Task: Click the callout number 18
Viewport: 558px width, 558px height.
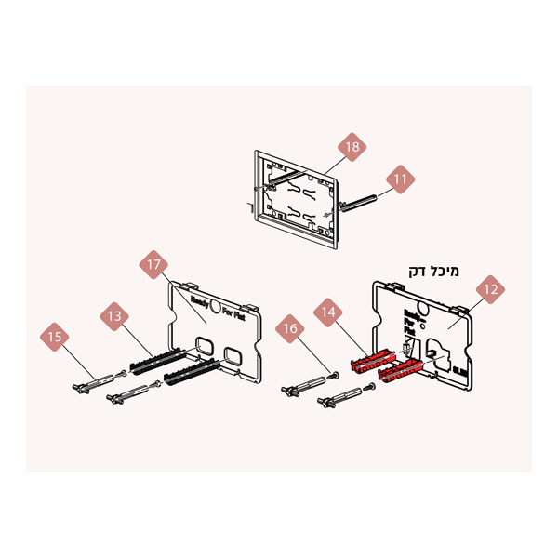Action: click(x=352, y=147)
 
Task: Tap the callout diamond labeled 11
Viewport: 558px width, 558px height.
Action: click(x=401, y=179)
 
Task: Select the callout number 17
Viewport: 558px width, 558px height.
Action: click(x=153, y=265)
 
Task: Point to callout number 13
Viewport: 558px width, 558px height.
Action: click(x=114, y=317)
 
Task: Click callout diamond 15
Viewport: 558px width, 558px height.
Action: click(x=55, y=336)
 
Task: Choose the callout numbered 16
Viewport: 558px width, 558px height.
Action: click(x=290, y=328)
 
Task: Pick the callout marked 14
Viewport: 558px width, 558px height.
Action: click(x=327, y=313)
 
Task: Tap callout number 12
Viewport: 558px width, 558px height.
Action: click(x=491, y=289)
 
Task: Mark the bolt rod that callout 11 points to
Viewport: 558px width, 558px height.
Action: click(x=358, y=204)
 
